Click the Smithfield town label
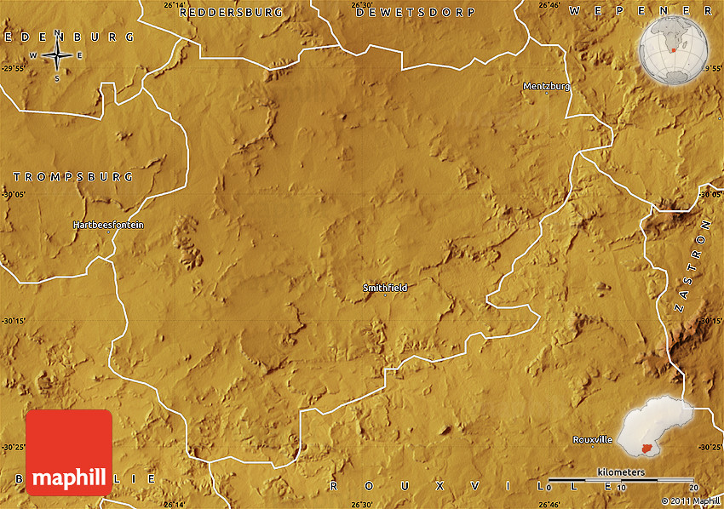[385, 288]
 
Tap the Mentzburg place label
[546, 86]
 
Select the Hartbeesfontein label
[108, 225]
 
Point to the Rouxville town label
[592, 439]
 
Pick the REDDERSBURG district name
[231, 13]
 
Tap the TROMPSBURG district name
[73, 177]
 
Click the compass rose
[57, 56]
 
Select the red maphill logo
[69, 452]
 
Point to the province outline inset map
[657, 430]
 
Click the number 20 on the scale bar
[693, 487]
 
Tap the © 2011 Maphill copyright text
[690, 501]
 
